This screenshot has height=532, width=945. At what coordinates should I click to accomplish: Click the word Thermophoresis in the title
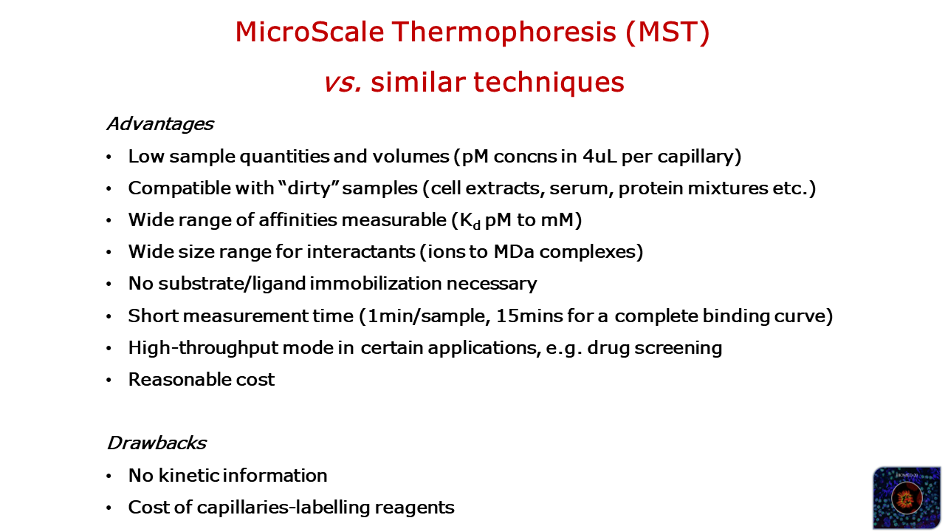coord(504,33)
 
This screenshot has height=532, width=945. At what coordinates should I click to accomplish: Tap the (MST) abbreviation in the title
coord(668,33)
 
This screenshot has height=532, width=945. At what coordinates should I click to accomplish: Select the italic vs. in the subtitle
coord(343,82)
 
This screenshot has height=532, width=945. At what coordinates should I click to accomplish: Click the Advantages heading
coord(160,124)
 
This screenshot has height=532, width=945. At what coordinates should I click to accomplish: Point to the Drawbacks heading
coord(157,443)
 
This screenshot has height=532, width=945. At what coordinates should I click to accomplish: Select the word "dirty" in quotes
coord(309,188)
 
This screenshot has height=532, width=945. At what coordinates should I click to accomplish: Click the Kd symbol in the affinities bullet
coord(470,221)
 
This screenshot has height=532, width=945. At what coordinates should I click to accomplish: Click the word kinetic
coord(188,475)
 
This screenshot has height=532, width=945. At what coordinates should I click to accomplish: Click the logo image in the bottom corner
coord(906,497)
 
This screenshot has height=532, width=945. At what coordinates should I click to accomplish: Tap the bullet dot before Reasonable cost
coord(109,381)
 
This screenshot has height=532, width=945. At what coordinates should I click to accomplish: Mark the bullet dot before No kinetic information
coord(109,477)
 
